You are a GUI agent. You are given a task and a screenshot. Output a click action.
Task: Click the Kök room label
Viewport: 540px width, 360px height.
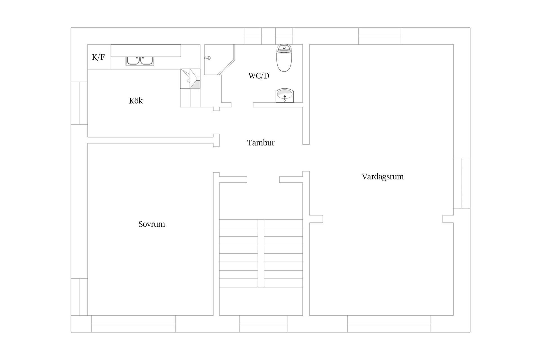pyautogui.click(x=136, y=101)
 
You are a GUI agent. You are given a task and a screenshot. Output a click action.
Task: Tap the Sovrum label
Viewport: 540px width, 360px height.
pyautogui.click(x=152, y=224)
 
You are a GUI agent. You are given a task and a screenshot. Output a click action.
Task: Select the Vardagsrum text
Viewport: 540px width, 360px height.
pyautogui.click(x=382, y=177)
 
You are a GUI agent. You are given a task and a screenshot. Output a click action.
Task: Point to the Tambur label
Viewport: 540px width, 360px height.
pyautogui.click(x=261, y=143)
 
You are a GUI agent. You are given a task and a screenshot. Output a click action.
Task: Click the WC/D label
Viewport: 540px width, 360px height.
pyautogui.click(x=259, y=76)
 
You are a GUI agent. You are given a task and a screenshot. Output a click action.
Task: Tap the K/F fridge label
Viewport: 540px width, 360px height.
pyautogui.click(x=98, y=57)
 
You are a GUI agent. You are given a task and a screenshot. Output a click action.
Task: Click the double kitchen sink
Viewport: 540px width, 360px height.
pyautogui.click(x=140, y=61)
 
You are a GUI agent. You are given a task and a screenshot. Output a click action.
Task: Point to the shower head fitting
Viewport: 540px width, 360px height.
pyautogui.click(x=208, y=58)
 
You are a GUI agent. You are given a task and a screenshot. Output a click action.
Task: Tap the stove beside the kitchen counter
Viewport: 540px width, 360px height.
pyautogui.click(x=190, y=79)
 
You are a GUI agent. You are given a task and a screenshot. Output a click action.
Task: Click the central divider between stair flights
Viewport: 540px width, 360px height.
pyautogui.click(x=261, y=253)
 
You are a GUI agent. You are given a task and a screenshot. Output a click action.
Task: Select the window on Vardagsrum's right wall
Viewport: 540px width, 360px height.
pyautogui.click(x=462, y=183)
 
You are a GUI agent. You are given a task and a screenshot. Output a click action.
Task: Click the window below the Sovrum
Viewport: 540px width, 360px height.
pyautogui.click(x=133, y=324)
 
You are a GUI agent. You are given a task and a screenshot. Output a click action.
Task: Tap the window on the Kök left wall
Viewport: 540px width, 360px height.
pyautogui.click(x=79, y=103)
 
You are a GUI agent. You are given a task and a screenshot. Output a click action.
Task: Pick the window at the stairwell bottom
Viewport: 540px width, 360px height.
pyautogui.click(x=263, y=324)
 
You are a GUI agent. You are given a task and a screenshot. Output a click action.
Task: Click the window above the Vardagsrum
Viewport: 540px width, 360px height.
pyautogui.click(x=380, y=36)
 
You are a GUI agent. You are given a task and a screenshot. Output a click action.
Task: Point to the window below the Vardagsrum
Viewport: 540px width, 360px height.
pyautogui.click(x=388, y=324)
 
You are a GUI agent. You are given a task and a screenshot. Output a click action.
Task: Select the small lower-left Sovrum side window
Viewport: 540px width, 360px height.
pyautogui.click(x=79, y=297)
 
